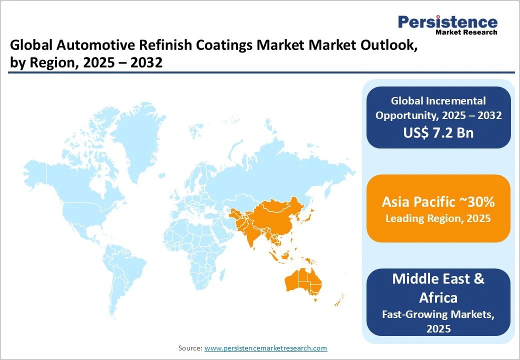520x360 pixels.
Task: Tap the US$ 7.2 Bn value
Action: [x=438, y=132]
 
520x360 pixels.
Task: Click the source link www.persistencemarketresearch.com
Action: [x=265, y=348]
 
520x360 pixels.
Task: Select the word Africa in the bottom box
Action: [x=438, y=298]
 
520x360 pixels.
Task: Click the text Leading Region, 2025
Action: [x=438, y=218]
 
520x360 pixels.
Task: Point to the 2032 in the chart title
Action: [x=148, y=63]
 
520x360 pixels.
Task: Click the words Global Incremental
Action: [x=438, y=101]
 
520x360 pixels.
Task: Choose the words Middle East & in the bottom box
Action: [x=438, y=278]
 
